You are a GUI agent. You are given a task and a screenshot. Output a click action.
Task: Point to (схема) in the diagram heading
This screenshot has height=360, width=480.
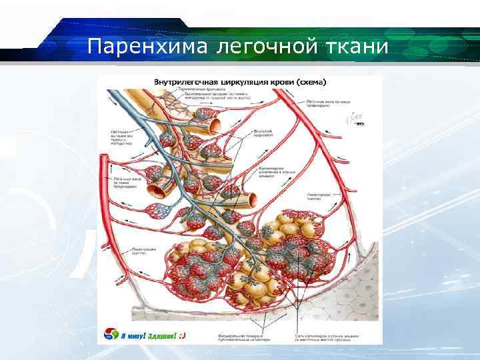click(311, 82)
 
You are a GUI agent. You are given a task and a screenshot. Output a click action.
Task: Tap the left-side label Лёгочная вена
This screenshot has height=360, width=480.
click(122, 182)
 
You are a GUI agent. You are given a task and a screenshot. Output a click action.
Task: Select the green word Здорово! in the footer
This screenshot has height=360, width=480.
click(162, 335)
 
